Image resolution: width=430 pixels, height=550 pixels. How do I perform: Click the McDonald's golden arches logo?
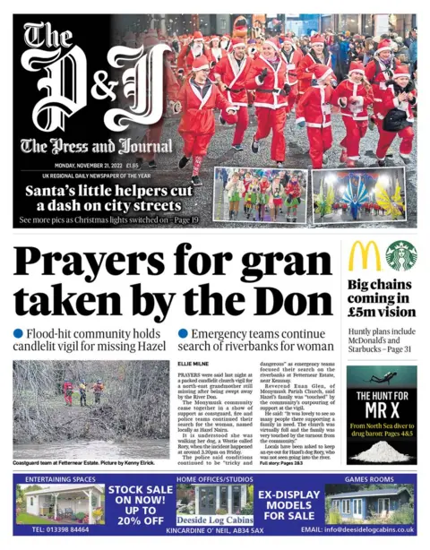[365, 255]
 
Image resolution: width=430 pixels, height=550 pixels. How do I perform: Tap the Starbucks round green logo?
[400, 255]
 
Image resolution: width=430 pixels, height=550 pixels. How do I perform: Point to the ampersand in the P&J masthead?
[104, 86]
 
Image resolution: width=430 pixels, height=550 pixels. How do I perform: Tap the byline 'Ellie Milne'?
[193, 364]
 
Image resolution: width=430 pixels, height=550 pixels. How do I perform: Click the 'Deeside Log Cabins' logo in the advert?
[214, 518]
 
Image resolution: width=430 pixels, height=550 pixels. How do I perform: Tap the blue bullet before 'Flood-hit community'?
[18, 333]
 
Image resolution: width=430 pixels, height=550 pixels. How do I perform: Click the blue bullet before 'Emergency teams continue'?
[183, 333]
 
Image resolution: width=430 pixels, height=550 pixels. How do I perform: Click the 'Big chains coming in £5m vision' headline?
[381, 299]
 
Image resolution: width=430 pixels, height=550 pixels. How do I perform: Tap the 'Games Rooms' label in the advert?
[368, 479]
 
